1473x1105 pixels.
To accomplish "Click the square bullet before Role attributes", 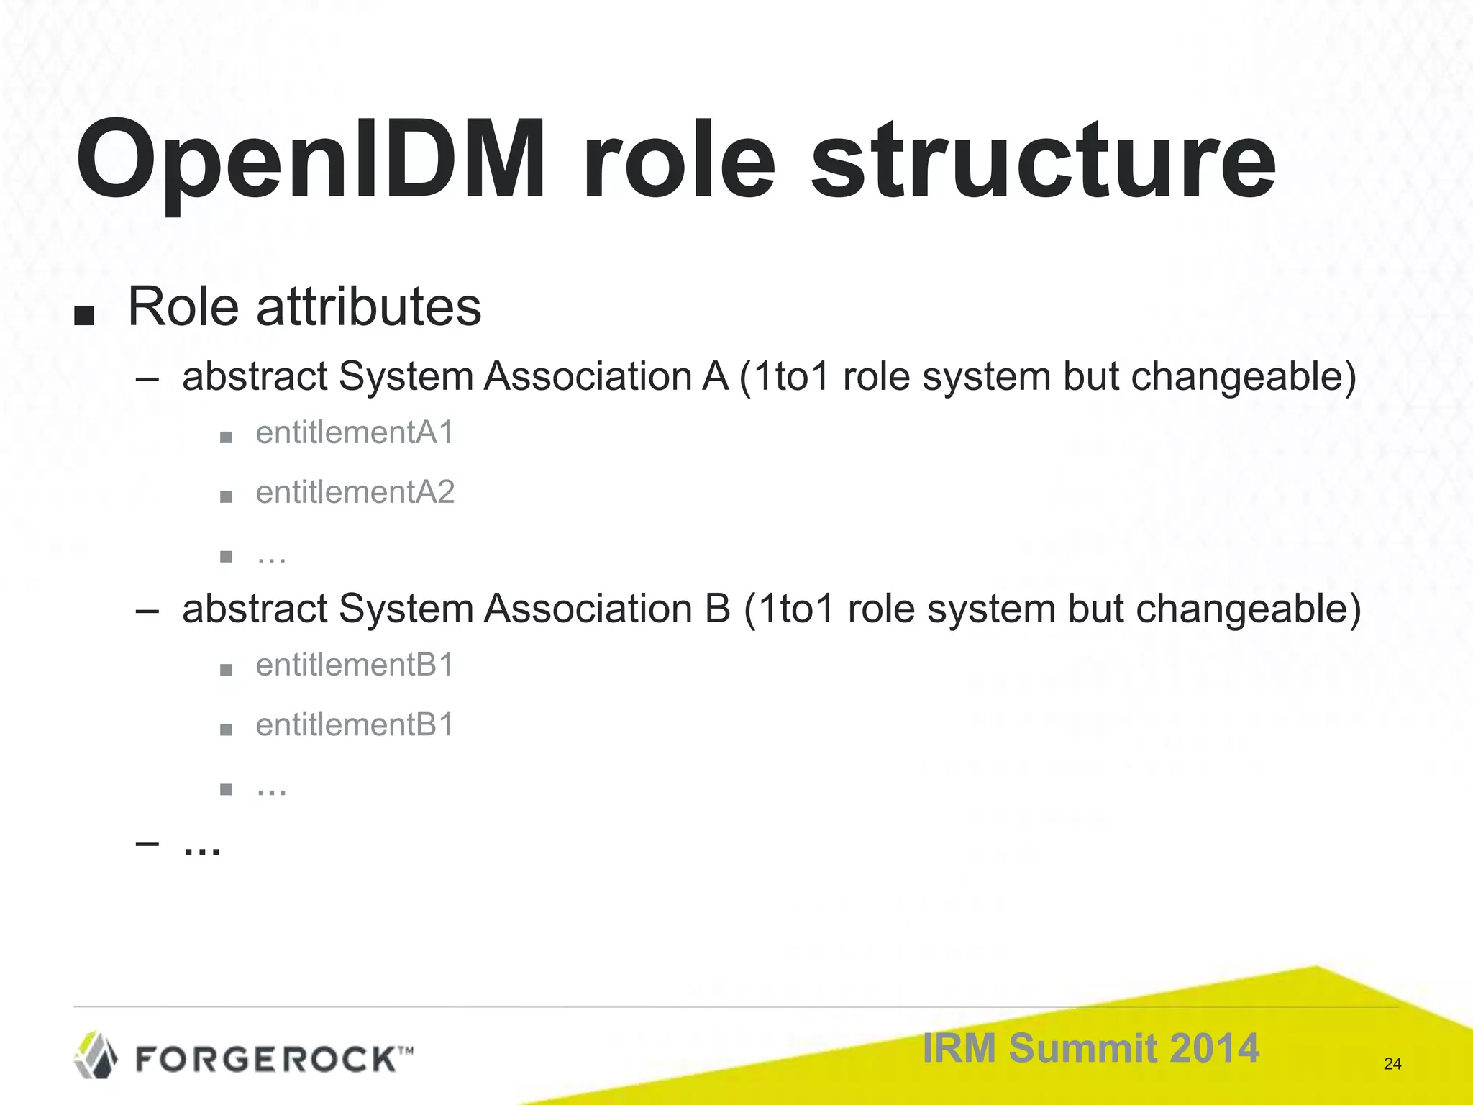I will pyautogui.click(x=84, y=315).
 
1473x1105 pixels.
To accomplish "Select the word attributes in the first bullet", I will pyautogui.click(x=368, y=307).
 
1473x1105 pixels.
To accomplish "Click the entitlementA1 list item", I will pyautogui.click(x=355, y=433).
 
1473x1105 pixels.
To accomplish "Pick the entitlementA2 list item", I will pyautogui.click(x=355, y=493).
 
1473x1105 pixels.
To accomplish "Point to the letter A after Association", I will pyautogui.click(x=714, y=376).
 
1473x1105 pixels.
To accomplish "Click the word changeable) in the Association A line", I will pyautogui.click(x=1243, y=378).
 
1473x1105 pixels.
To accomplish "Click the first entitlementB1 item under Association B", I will pyautogui.click(x=355, y=665).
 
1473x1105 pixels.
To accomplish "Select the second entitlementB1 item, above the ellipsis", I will pyautogui.click(x=355, y=725).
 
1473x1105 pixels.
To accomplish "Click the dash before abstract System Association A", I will pyautogui.click(x=147, y=378).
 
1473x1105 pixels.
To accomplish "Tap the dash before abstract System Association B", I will pyautogui.click(x=147, y=611).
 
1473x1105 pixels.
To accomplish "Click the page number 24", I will pyautogui.click(x=1392, y=1064).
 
